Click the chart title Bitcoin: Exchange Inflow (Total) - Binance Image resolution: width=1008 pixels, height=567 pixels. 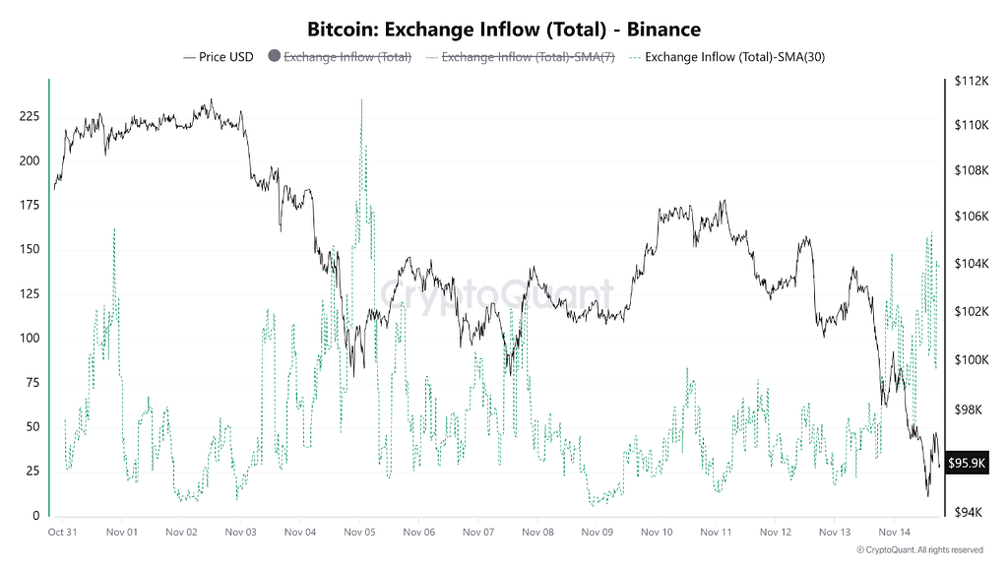point(504,31)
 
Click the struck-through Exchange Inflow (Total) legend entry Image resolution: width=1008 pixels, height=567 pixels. point(347,57)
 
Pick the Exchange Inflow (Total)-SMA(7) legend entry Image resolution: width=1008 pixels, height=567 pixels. point(528,57)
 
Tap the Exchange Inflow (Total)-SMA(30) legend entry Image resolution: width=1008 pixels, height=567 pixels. point(734,57)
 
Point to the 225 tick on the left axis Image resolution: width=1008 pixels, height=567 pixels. point(30,116)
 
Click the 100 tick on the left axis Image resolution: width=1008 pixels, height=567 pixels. point(30,339)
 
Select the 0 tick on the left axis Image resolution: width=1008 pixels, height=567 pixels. point(37,516)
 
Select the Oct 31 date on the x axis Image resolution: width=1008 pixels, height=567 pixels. point(62,532)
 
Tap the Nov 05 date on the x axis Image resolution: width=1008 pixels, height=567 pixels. point(359,532)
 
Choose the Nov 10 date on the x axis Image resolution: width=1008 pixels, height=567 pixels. point(657,532)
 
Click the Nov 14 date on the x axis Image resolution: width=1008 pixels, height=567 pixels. point(894,532)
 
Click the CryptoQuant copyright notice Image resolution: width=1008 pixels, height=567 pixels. point(919,549)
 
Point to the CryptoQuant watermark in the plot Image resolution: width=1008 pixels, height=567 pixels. point(497,293)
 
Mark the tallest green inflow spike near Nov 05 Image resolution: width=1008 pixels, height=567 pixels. point(361,100)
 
